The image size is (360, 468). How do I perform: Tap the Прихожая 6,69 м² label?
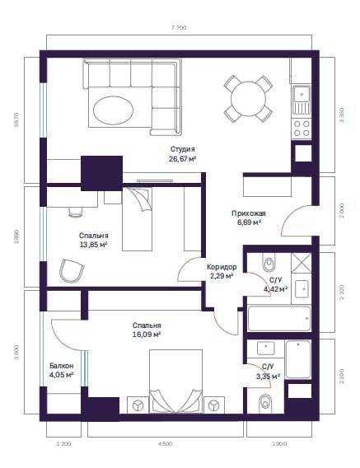pos(246,217)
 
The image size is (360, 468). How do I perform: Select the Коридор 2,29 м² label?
pos(222,271)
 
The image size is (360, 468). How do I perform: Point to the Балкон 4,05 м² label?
pos(61,370)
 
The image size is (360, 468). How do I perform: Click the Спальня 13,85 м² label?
pos(94,240)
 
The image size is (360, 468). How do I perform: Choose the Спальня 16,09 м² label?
pos(146,330)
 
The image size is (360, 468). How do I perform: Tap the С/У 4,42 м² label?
pos(274,284)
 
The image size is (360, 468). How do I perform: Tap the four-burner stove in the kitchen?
pos(302,128)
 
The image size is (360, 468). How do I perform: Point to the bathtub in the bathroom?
pos(278,319)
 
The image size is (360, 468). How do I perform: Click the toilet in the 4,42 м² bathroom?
pos(267,264)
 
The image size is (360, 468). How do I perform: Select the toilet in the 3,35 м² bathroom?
pos(265,403)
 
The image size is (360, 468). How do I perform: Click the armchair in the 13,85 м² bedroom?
pos(73,270)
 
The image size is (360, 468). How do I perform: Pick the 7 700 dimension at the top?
pos(179,28)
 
